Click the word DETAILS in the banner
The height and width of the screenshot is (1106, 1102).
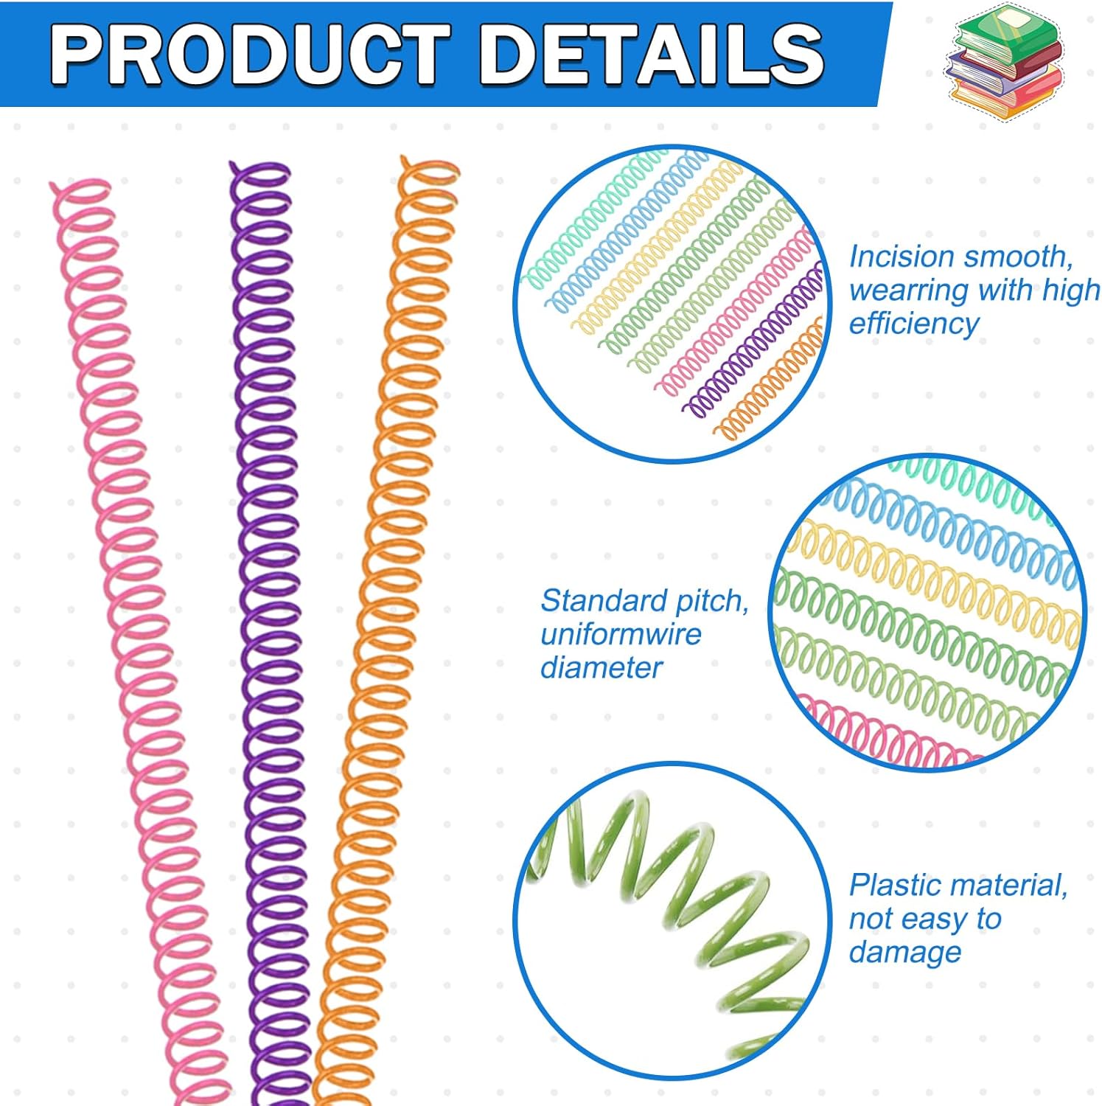652,55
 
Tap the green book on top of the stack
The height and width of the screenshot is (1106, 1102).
1007,33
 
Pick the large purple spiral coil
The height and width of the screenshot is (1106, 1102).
270,590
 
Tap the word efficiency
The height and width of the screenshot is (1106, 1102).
913,323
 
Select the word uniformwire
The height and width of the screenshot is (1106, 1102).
621,634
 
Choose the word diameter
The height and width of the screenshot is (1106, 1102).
601,667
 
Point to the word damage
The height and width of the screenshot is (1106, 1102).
904,951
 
